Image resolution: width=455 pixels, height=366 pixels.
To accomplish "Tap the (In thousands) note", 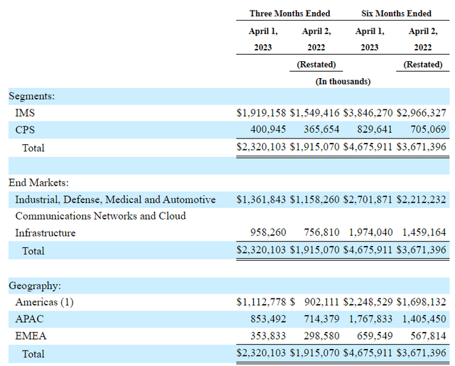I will tap(343, 81).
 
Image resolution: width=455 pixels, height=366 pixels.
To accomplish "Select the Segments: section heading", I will tap(31, 96).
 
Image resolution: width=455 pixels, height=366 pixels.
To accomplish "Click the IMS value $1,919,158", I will tap(262, 113).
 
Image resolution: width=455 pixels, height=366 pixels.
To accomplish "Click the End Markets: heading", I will tap(38, 183).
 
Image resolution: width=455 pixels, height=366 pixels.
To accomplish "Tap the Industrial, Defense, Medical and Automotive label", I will tap(115, 200).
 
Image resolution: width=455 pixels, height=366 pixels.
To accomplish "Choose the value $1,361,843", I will tap(262, 200).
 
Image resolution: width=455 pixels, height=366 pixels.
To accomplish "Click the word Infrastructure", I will tap(45, 233).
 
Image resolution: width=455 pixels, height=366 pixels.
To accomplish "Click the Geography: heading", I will tap(34, 286).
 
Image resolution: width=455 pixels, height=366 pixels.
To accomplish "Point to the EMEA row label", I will tap(30, 336).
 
